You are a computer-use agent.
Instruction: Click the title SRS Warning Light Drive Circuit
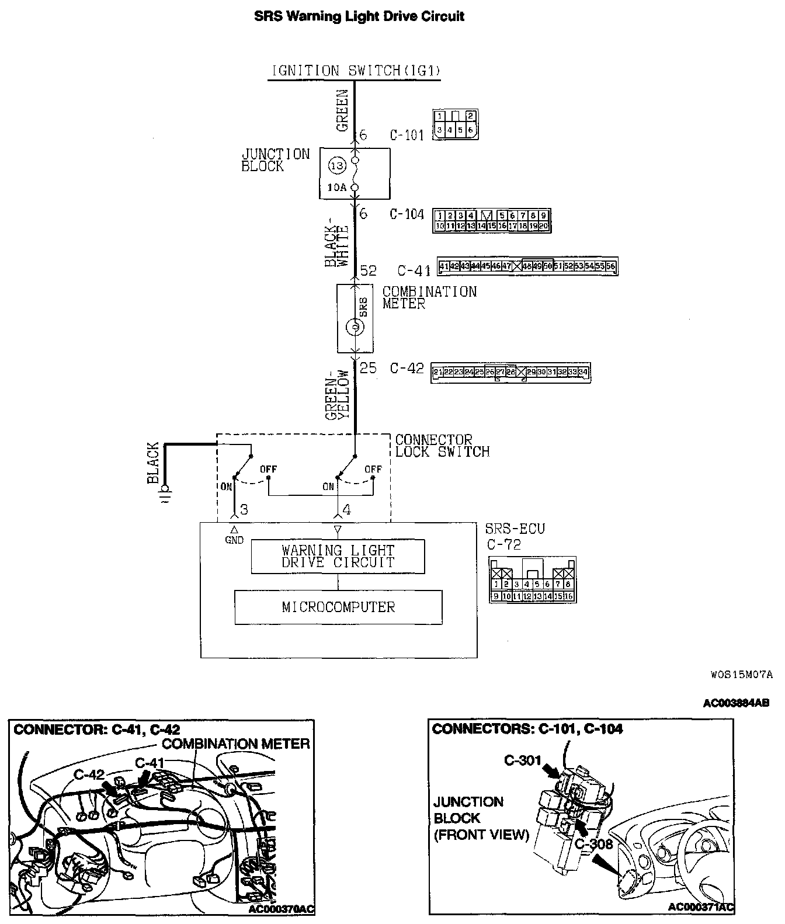(x=359, y=16)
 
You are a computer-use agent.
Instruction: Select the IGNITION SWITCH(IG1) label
(x=355, y=71)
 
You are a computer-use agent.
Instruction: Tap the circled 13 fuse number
(x=337, y=166)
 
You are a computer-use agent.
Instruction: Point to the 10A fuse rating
(x=336, y=187)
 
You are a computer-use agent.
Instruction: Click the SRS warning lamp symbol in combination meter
(x=355, y=328)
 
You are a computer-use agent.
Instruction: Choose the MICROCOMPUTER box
(x=338, y=607)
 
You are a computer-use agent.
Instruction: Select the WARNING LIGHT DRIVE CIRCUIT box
(x=338, y=557)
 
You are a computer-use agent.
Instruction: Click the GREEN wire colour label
(x=342, y=110)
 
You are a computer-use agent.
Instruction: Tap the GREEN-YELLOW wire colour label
(x=338, y=395)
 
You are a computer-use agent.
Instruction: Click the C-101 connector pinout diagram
(x=456, y=124)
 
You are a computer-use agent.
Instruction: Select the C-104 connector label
(x=407, y=214)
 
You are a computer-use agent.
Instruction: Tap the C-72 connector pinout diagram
(x=532, y=579)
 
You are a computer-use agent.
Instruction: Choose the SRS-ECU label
(x=515, y=529)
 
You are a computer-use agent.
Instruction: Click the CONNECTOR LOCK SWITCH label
(x=442, y=446)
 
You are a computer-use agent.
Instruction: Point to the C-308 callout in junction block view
(x=593, y=844)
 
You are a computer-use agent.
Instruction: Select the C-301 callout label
(x=523, y=760)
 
